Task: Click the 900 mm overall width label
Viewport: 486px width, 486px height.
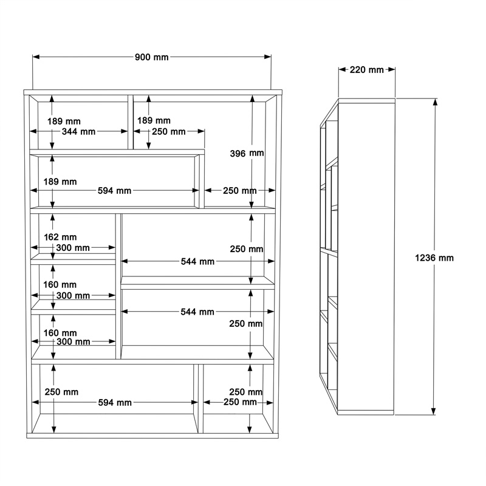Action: point(151,57)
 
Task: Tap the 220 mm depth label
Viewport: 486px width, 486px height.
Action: point(366,70)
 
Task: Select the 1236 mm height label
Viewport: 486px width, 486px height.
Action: point(434,258)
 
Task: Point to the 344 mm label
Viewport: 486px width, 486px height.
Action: point(79,131)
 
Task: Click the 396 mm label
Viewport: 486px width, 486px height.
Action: point(247,154)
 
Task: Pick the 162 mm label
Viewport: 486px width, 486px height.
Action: point(60,237)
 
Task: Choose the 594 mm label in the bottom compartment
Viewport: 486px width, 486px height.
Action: point(115,403)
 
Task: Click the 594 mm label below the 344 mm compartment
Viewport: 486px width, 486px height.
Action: point(115,191)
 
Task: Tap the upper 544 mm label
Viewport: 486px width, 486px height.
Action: point(197,261)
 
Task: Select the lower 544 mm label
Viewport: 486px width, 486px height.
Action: point(197,312)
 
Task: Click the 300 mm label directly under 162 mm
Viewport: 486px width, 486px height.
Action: point(73,248)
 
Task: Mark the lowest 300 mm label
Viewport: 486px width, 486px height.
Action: point(73,342)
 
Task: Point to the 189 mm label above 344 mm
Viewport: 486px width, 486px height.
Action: point(63,121)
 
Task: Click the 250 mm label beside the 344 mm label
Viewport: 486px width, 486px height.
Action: point(169,131)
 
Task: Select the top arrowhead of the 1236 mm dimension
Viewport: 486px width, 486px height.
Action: point(434,101)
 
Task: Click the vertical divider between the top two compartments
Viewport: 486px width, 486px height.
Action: point(131,122)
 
